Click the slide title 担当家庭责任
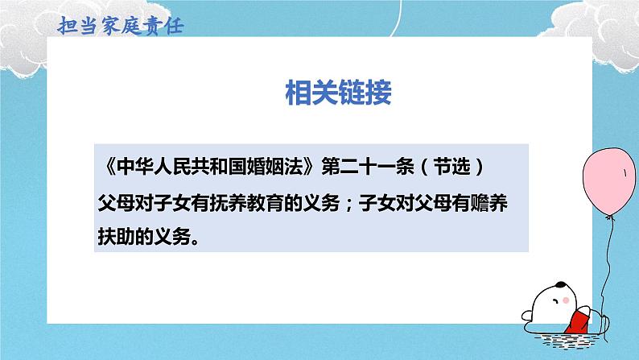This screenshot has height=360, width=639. point(122,25)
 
